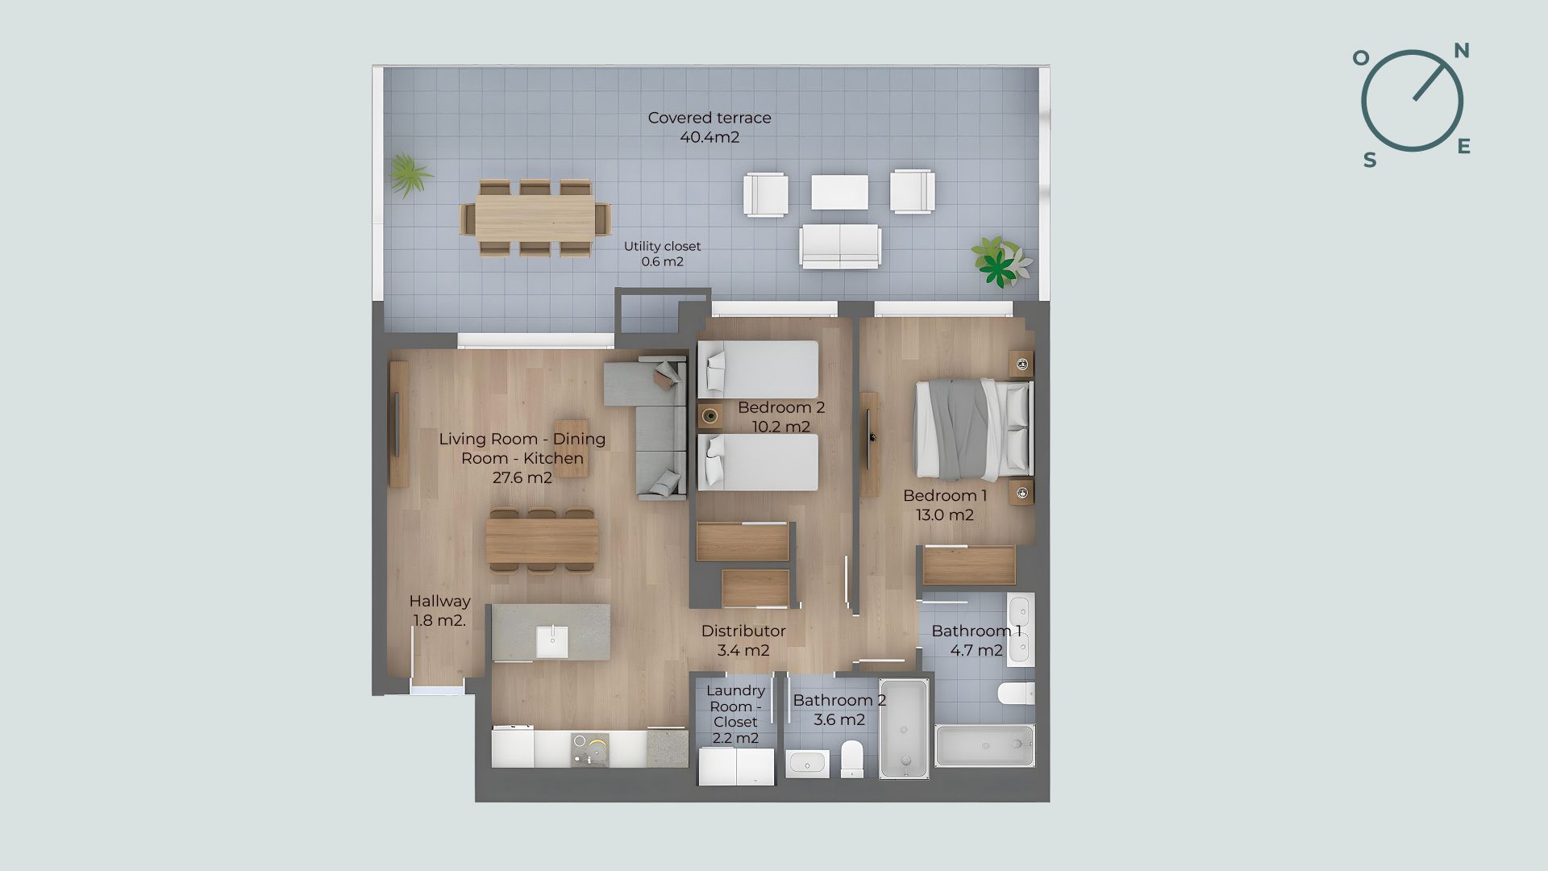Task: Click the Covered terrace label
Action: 709,127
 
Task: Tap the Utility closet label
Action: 662,253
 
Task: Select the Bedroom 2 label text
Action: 781,417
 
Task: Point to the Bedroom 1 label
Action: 945,505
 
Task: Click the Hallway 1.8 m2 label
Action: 439,611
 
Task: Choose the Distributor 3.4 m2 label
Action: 743,640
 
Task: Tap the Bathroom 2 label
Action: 839,710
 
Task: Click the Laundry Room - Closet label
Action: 735,714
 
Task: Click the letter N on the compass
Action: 1462,51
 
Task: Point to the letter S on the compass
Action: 1370,160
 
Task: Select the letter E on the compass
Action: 1464,146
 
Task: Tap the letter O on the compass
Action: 1361,57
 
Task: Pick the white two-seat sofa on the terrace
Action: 840,246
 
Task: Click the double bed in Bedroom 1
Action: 972,427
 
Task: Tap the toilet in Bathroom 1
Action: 1016,693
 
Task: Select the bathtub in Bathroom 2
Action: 904,729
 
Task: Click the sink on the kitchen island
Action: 552,642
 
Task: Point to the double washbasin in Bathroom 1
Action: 1020,630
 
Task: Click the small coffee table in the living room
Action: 571,448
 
